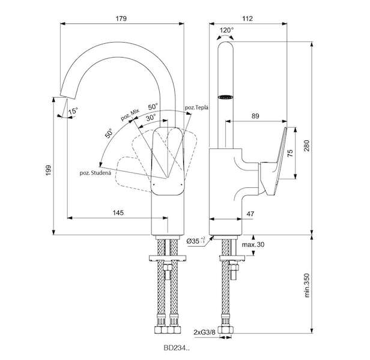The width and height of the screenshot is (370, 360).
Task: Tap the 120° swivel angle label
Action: point(226,29)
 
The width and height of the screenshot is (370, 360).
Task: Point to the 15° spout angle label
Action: point(73,112)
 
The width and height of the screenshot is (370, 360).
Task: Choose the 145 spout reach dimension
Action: point(118,212)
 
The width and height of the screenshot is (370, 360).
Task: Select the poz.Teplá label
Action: point(197,107)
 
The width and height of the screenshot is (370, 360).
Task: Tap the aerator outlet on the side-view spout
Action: point(225,95)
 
